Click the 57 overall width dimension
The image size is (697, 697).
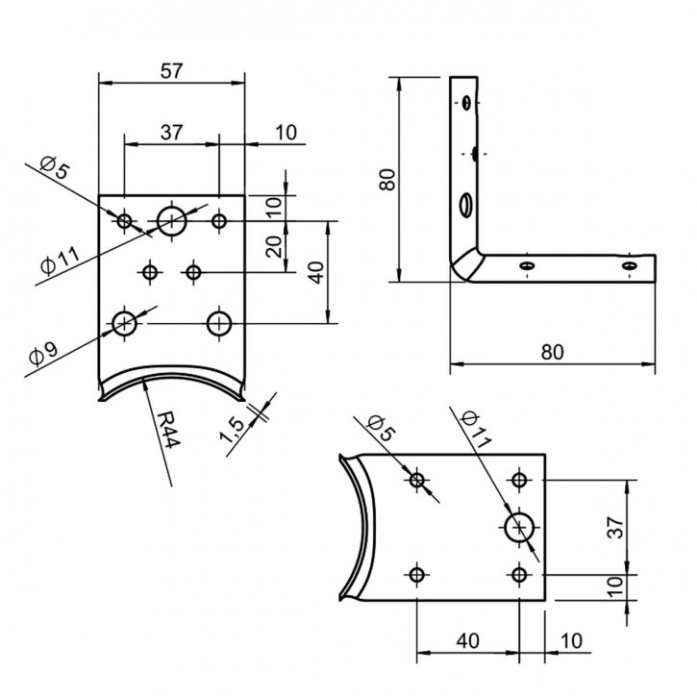172,70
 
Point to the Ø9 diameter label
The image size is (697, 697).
42,354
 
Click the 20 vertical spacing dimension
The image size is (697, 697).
273,248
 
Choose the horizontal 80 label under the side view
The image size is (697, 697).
552,352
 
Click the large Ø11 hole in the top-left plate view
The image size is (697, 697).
172,220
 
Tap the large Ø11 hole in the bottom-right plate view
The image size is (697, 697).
520,527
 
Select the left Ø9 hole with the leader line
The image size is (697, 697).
124,322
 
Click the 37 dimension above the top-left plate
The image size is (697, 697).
171,133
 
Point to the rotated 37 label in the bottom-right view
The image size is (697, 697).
614,527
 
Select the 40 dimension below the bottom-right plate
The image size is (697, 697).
468,639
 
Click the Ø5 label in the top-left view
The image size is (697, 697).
56,169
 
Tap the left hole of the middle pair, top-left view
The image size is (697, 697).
149,272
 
